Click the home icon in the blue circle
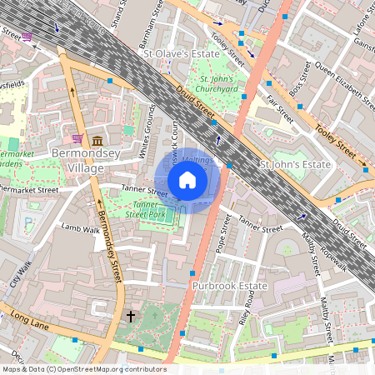point(187,180)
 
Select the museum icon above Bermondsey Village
point(98,139)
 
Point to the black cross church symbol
point(130,317)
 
